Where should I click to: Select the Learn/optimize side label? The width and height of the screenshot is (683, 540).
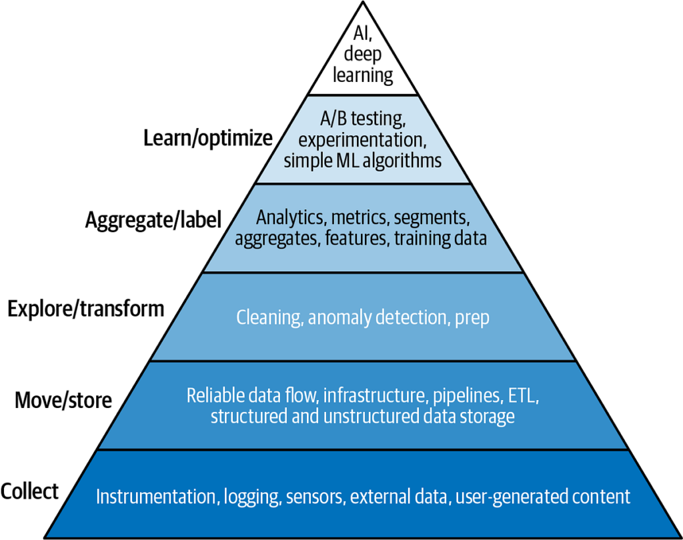[208, 139]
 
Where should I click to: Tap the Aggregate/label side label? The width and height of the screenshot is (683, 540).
[153, 221]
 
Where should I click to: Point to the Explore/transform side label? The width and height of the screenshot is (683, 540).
[85, 309]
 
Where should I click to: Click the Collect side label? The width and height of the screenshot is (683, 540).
[30, 491]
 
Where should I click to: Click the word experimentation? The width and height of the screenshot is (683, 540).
[364, 140]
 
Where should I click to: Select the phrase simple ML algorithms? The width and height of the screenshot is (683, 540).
[362, 160]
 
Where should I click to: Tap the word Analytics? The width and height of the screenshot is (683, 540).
[289, 217]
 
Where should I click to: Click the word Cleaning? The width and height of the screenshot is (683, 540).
[269, 317]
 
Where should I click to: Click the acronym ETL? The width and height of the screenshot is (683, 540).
[522, 395]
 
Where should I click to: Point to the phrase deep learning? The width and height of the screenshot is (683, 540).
[363, 65]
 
